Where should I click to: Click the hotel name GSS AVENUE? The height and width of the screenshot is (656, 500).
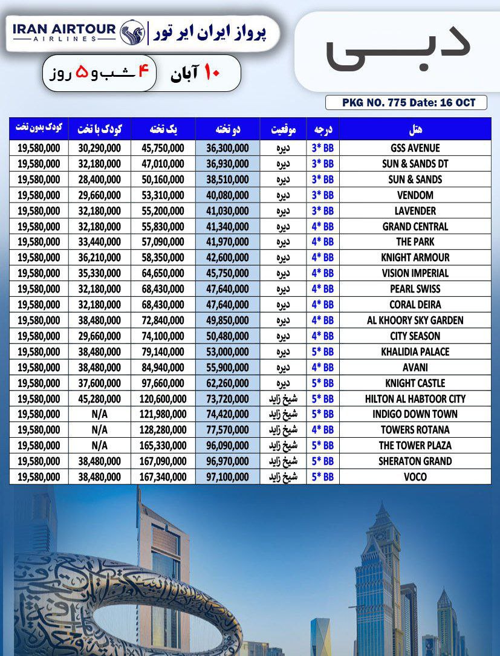point(415,148)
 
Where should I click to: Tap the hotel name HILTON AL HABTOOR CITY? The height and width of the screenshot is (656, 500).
point(415,398)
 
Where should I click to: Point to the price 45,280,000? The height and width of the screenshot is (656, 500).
point(99,398)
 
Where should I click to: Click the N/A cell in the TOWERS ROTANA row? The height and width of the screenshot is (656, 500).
point(99,430)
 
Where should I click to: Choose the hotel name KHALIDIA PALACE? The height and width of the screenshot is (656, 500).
point(415,352)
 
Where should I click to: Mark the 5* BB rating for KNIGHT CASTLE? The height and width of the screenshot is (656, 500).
point(323,383)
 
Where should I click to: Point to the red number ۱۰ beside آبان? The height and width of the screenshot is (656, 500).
point(211,73)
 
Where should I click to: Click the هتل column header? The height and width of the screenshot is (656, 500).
point(415,129)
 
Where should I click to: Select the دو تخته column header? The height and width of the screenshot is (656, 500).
point(227,129)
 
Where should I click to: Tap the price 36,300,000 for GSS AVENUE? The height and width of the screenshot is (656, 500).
point(227,148)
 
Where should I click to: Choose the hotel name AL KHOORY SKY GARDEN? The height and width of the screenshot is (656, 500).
point(415,320)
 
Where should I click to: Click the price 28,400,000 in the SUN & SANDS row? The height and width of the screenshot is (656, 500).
point(99,180)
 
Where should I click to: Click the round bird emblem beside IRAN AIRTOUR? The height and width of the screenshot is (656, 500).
point(132,31)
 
